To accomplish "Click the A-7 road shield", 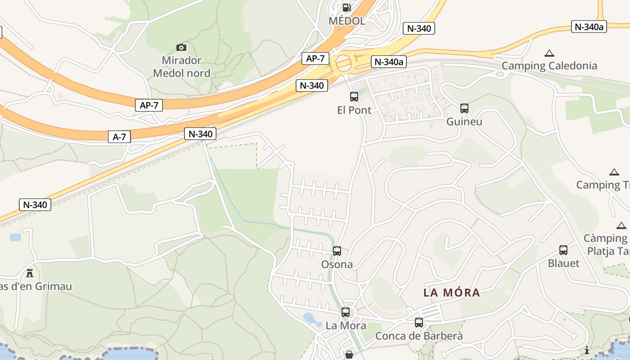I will [119, 137].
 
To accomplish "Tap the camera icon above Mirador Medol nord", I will [181, 47].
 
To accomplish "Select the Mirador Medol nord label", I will [181, 67].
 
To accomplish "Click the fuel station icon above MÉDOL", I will [346, 7].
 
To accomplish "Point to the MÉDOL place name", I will [346, 21].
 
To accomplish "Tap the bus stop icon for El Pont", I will [354, 96].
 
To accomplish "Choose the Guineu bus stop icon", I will [464, 108].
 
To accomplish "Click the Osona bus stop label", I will [337, 264].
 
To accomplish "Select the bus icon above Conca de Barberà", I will [419, 323].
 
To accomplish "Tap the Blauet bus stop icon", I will [563, 250].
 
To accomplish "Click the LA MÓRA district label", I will [452, 292].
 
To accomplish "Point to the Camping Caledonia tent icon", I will [549, 53].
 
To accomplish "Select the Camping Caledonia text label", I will [549, 66].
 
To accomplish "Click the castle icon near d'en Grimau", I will [30, 273].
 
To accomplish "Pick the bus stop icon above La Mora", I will [346, 312].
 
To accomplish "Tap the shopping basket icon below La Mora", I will [349, 355].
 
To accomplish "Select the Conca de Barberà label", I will [419, 336].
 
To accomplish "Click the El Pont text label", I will [354, 110].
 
